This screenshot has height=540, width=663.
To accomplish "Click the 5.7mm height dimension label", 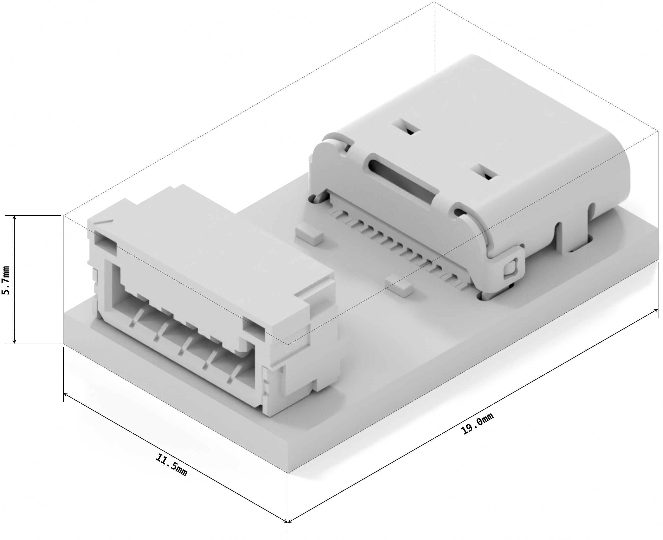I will point(7,280).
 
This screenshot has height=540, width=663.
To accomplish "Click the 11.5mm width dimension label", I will point(171,465).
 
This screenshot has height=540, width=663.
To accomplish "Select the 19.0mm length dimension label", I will point(477,423).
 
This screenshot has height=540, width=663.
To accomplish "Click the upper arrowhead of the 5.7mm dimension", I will point(14,217).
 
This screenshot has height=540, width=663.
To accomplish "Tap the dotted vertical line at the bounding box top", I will point(434,37).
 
